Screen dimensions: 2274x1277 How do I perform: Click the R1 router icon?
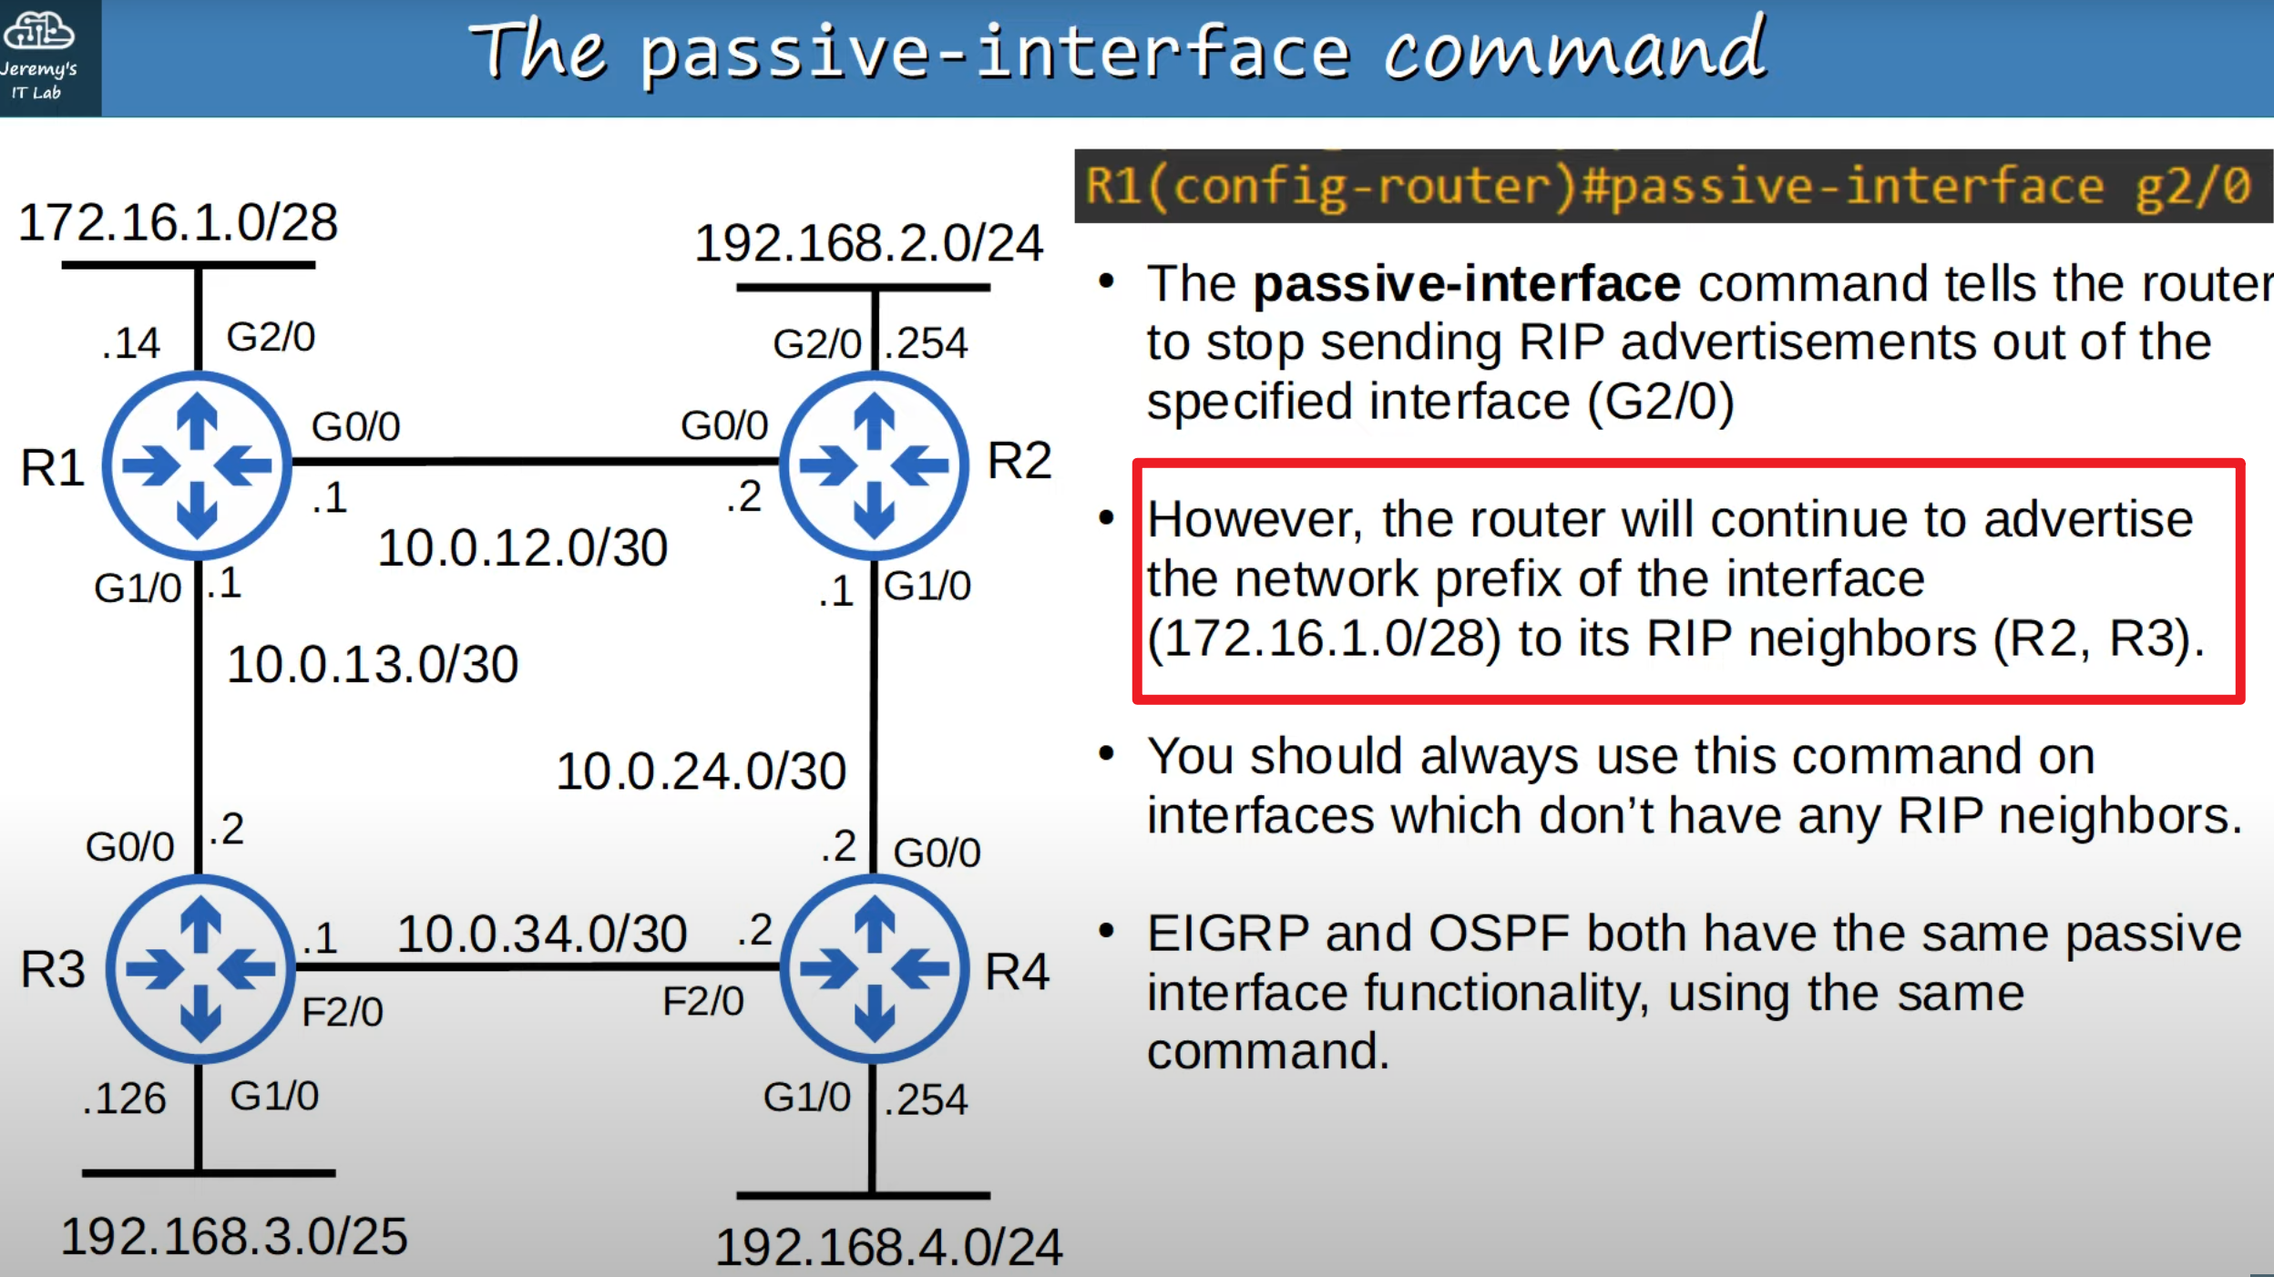click(197, 465)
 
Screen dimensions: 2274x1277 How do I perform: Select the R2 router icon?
click(875, 465)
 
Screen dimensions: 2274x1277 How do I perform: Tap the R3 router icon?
click(200, 969)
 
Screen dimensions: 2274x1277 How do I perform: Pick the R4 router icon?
click(875, 969)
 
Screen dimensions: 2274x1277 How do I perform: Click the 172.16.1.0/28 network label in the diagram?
click(178, 222)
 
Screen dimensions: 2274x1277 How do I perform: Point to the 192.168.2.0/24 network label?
click(868, 243)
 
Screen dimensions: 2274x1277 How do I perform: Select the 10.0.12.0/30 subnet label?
click(523, 548)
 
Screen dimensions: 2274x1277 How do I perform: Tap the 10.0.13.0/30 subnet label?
click(373, 664)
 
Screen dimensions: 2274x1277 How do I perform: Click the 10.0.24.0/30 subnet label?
click(702, 771)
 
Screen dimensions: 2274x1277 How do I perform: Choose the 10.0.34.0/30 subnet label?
click(542, 934)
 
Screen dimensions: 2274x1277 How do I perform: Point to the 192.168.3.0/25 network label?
click(234, 1237)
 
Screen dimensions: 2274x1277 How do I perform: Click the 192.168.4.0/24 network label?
click(889, 1247)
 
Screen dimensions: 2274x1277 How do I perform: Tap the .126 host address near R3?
click(124, 1098)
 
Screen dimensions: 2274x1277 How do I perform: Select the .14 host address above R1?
click(130, 343)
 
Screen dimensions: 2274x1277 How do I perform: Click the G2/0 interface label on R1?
click(271, 337)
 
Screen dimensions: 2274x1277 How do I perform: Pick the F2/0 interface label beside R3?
click(343, 1012)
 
